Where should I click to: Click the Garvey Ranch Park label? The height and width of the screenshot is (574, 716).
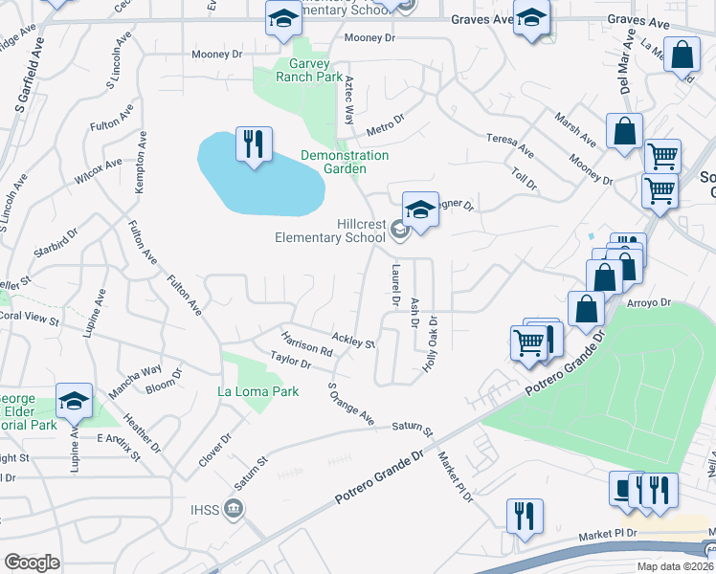click(308, 70)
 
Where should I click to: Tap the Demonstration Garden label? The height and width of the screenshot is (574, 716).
click(344, 162)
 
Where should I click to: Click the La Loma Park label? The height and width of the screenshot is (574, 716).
click(258, 391)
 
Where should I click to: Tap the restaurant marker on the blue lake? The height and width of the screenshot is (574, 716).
click(254, 145)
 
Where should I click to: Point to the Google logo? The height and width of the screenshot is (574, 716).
click(32, 563)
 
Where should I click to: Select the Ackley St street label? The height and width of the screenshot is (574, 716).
click(352, 339)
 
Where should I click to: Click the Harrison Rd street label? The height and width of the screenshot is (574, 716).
click(307, 344)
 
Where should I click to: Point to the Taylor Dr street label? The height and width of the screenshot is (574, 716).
click(291, 360)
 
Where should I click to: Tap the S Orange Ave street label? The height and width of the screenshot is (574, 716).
click(350, 405)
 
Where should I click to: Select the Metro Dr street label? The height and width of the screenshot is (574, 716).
click(387, 123)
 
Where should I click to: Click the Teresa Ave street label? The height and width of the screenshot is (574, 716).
click(510, 143)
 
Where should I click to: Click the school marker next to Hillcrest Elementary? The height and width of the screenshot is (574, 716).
click(420, 210)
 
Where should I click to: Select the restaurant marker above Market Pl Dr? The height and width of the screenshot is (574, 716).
click(525, 516)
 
